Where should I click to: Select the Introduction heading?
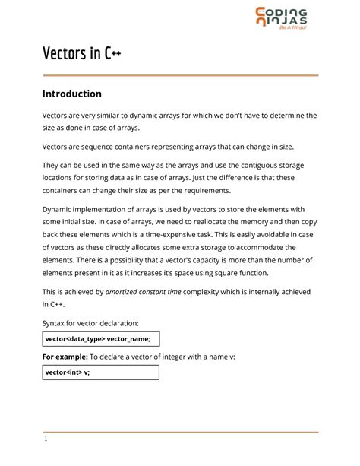click(x=71, y=94)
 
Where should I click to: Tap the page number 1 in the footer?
click(x=45, y=439)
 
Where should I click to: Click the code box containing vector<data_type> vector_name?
click(x=99, y=339)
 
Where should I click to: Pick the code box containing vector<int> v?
click(x=99, y=372)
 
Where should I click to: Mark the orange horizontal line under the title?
click(x=180, y=75)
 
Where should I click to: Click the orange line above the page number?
click(x=180, y=432)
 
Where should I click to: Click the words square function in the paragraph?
click(x=237, y=274)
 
